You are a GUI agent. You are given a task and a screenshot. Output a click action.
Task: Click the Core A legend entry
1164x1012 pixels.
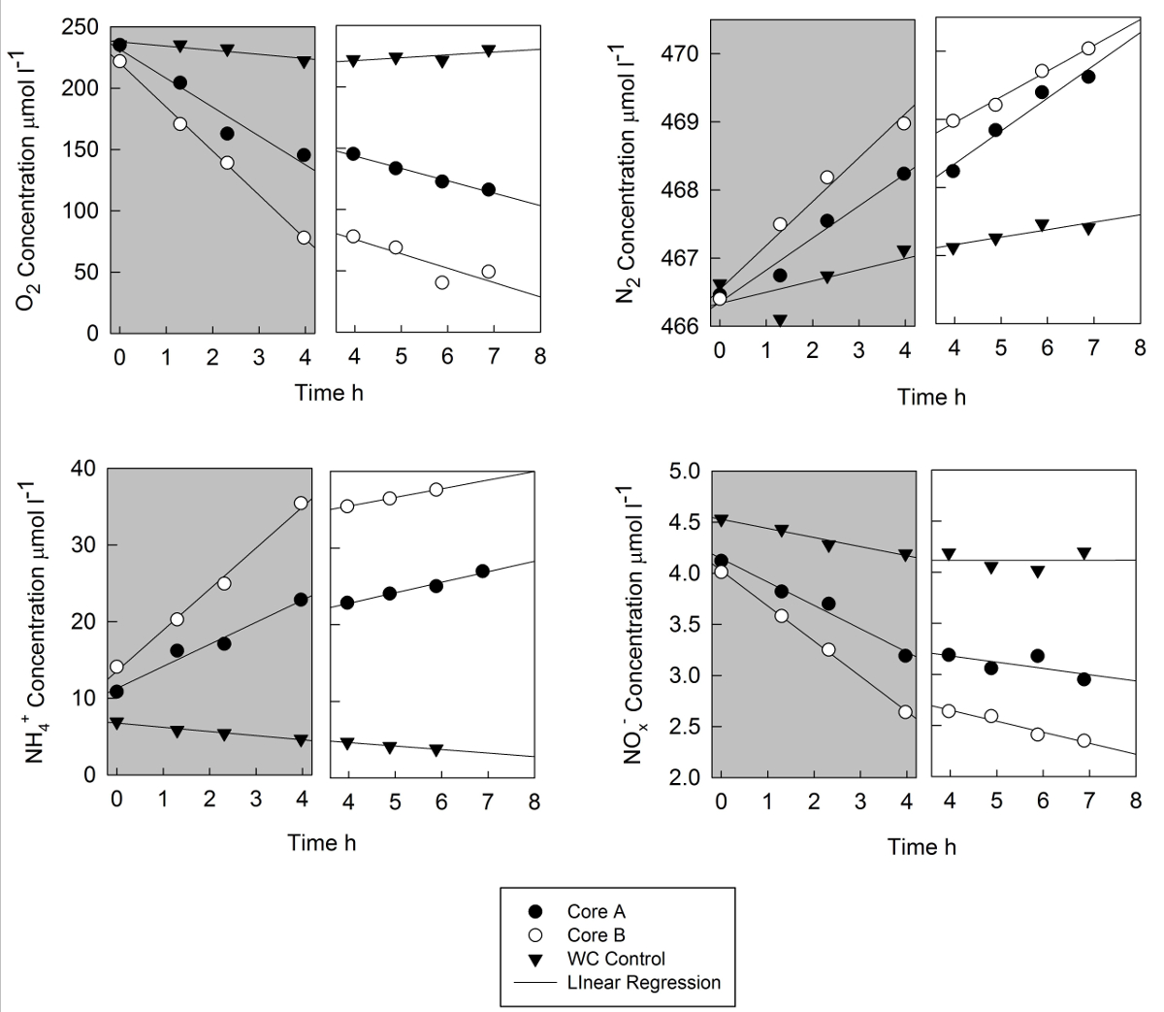click(596, 912)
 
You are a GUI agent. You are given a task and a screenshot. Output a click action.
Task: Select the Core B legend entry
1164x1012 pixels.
click(596, 935)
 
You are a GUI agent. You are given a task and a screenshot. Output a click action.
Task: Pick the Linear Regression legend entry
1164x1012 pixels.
click(643, 982)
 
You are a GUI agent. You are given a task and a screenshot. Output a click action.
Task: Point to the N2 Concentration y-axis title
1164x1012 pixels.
click(628, 175)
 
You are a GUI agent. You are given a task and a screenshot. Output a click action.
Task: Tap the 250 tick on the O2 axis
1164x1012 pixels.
click(81, 28)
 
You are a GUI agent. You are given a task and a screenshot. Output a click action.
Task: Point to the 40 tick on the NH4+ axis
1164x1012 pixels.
click(83, 469)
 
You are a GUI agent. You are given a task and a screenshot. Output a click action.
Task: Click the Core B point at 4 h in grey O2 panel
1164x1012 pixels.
click(304, 238)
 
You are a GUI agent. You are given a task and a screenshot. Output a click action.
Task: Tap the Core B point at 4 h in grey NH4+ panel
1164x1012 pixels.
click(301, 503)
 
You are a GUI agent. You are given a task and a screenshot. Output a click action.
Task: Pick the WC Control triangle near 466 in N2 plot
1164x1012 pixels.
click(780, 320)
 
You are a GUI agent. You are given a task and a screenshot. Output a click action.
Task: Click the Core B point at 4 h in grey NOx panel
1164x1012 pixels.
click(905, 711)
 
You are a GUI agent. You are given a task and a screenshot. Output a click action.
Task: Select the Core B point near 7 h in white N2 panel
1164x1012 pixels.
click(1088, 49)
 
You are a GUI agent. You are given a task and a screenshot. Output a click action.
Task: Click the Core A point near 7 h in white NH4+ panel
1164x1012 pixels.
click(483, 571)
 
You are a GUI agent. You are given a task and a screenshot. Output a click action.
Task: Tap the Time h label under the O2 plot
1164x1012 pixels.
click(329, 392)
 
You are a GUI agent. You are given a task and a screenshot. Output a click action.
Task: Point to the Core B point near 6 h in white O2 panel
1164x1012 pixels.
click(442, 282)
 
